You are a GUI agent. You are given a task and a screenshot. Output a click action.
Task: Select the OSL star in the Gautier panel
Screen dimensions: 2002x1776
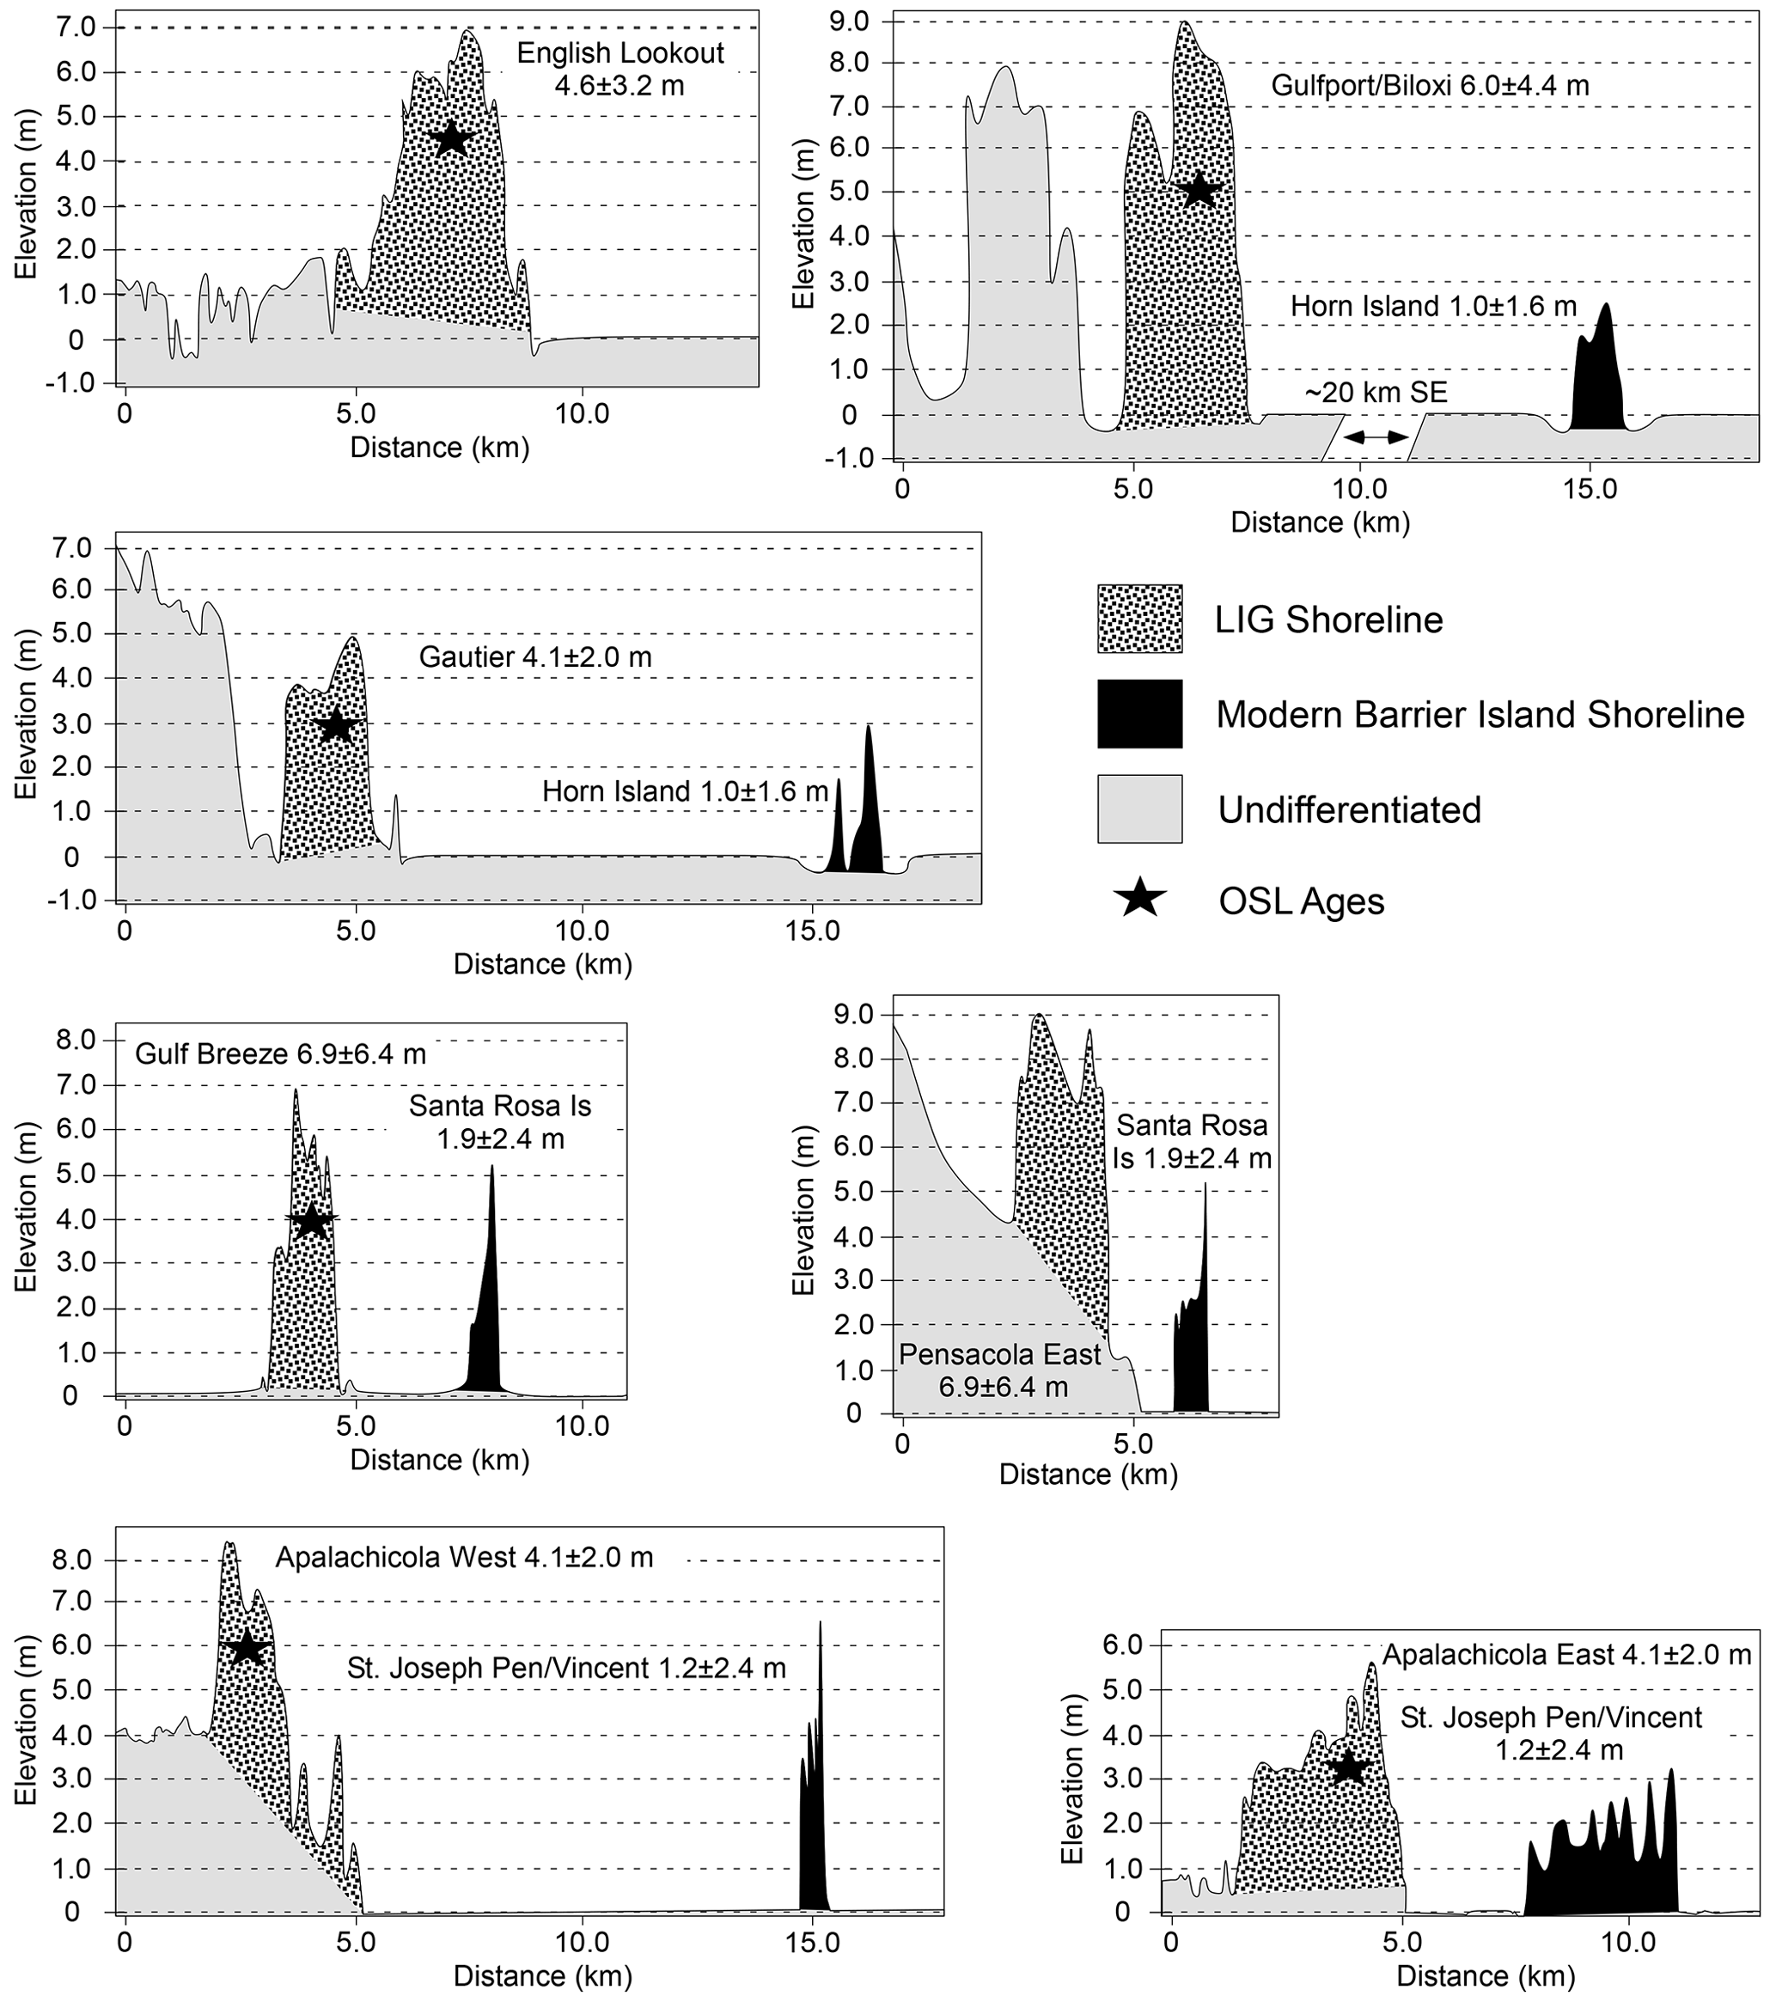coord(336,725)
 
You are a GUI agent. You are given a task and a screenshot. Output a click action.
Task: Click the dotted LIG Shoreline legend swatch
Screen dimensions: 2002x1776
coord(1139,619)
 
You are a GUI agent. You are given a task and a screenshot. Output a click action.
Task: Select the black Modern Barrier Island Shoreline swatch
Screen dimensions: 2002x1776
coord(1139,714)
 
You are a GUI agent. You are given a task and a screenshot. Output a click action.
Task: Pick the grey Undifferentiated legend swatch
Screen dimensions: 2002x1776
coord(1139,809)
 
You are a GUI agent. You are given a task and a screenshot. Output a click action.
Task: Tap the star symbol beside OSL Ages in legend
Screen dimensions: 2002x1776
coord(1140,899)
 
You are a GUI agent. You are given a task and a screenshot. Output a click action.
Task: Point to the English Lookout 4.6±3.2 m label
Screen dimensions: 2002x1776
coord(619,69)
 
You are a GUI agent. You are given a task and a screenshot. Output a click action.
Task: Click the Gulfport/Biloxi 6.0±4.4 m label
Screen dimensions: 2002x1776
coord(1429,85)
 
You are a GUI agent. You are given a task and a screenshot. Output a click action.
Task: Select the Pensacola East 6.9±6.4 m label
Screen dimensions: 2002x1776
coord(1001,1370)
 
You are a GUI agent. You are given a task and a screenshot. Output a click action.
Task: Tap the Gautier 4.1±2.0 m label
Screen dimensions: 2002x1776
coord(534,656)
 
